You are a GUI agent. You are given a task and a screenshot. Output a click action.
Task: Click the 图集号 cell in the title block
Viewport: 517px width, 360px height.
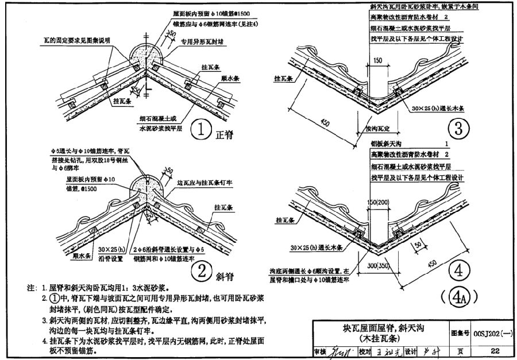pyautogui.click(x=461, y=332)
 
